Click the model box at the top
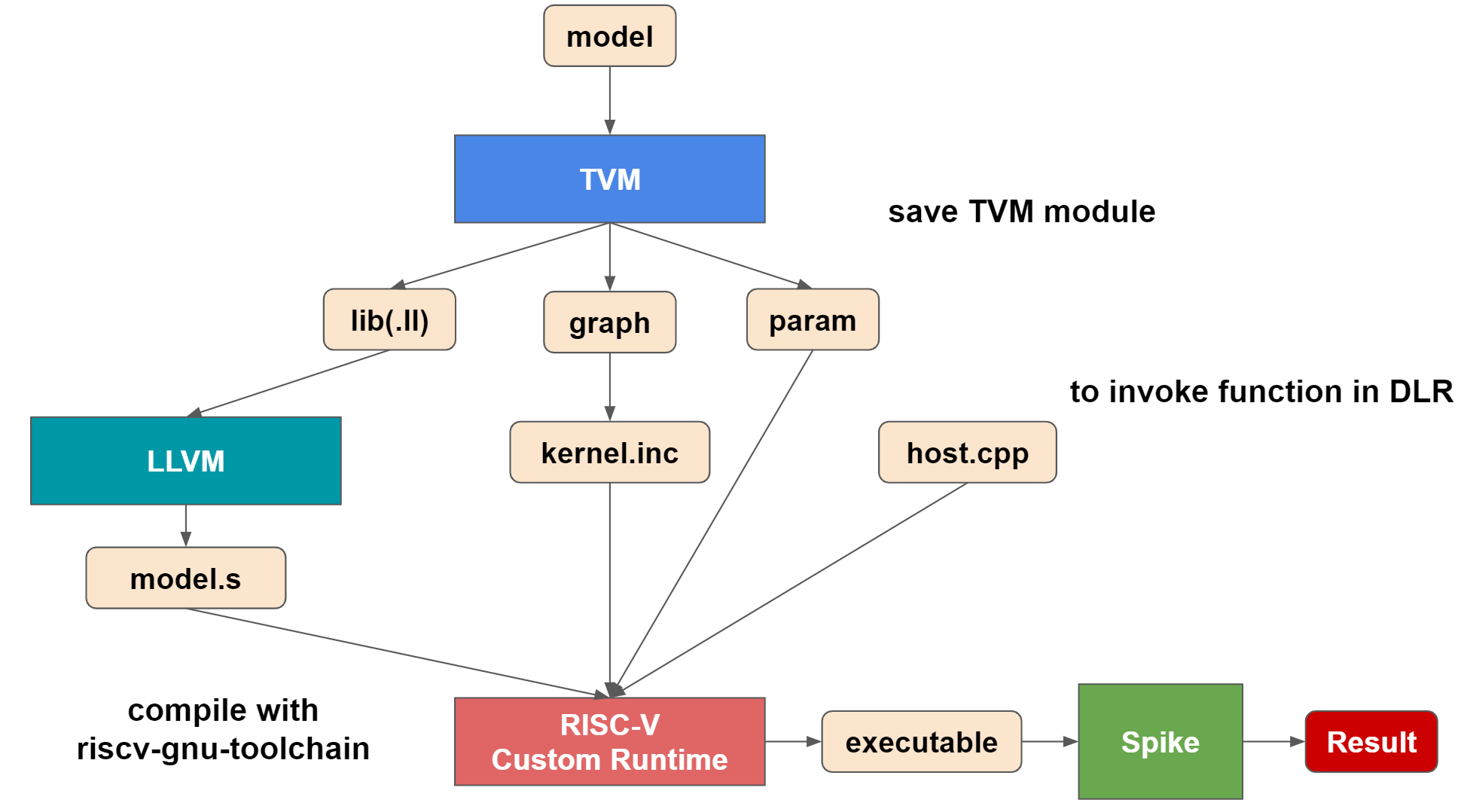coord(609,36)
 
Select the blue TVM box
coord(609,179)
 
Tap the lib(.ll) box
coord(389,320)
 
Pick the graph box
coord(609,322)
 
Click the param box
coord(813,320)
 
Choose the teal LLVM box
coord(185,461)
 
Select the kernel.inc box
coord(609,453)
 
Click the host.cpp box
coord(967,453)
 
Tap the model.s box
coord(185,578)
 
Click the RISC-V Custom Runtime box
coord(609,742)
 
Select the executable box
coord(921,742)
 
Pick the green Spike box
coord(1160,742)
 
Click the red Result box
coord(1371,742)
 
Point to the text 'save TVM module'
coord(1021,212)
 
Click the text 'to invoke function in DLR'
coord(1261,392)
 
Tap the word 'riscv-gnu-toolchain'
coord(223,749)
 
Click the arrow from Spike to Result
coord(1273,742)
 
